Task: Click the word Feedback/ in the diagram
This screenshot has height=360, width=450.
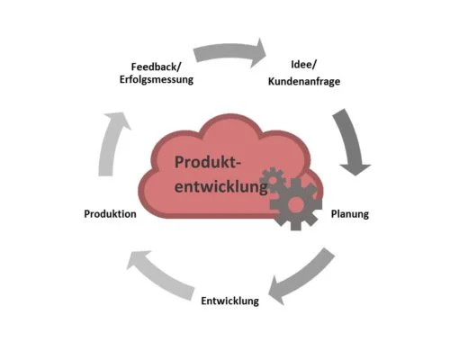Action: click(x=157, y=67)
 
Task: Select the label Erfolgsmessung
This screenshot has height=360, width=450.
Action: click(x=157, y=79)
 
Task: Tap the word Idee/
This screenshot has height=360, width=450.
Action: click(x=303, y=64)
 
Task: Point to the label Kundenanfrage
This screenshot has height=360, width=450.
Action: click(x=304, y=81)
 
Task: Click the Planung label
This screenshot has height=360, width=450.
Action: click(x=350, y=214)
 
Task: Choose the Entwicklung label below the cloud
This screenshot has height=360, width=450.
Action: click(x=229, y=301)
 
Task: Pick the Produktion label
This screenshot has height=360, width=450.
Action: click(x=110, y=213)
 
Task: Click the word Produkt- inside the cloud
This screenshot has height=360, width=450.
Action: click(x=208, y=162)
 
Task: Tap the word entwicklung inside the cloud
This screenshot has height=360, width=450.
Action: click(x=221, y=186)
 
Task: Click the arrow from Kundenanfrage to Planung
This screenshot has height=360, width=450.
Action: click(x=352, y=141)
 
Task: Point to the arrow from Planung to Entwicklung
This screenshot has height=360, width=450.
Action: click(x=303, y=277)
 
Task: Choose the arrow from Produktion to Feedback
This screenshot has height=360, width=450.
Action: click(x=112, y=144)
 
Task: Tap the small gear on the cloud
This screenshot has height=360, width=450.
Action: click(x=273, y=180)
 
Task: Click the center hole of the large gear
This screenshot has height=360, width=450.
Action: click(x=295, y=204)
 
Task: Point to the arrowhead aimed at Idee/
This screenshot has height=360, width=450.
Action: click(x=258, y=53)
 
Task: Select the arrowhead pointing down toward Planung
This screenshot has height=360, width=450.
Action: click(x=355, y=169)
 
